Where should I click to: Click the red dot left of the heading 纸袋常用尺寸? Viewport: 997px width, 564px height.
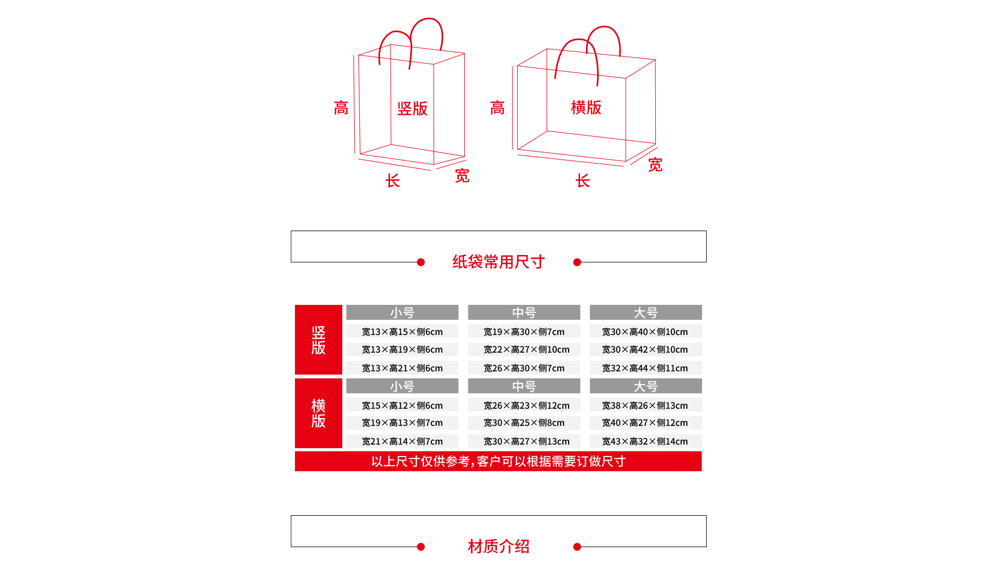coord(421,262)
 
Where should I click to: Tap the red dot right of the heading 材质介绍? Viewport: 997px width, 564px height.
coord(577,547)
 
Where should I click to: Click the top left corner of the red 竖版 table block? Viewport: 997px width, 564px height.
coord(295,305)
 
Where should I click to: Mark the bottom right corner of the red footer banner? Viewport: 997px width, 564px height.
coord(702,471)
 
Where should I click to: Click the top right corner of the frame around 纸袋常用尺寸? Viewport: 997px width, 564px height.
coord(706,231)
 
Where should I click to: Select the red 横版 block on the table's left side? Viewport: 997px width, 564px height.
coord(318,413)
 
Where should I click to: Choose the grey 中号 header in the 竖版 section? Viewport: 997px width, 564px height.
coord(524,312)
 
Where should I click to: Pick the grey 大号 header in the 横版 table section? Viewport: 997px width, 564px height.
coord(645,386)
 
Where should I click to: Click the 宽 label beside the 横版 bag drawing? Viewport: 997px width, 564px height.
coord(655,165)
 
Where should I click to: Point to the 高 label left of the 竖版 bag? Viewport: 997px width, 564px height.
coord(341,108)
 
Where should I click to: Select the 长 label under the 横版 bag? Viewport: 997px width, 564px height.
coord(583,181)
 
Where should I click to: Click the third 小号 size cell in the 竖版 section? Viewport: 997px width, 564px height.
coord(402,368)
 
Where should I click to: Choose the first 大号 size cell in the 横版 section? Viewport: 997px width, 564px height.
coord(645,405)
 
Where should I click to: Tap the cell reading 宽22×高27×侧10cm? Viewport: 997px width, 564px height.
coord(524,350)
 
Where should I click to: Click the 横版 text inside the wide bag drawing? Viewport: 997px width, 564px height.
coord(586,108)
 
